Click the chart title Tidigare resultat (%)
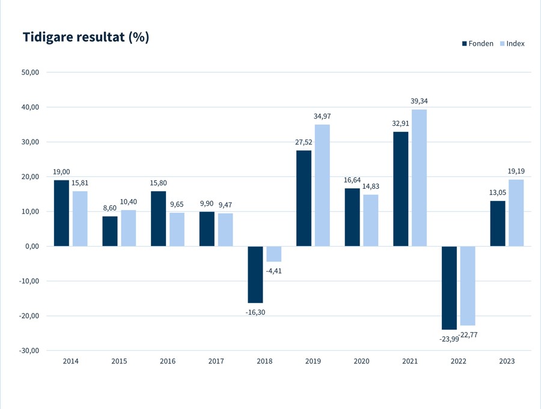[86, 37]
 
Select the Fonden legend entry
[478, 43]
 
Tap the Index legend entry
[512, 43]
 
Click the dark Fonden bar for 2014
[61, 213]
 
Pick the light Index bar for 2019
[322, 185]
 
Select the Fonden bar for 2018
[255, 274]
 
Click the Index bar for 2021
[419, 178]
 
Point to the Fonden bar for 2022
[449, 288]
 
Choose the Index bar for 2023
[516, 212]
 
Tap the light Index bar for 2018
[274, 254]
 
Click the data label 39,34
[419, 101]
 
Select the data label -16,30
[255, 312]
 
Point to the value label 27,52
[304, 142]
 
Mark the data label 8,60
[110, 208]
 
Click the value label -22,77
[468, 335]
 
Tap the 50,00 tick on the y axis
[31, 73]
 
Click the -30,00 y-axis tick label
[29, 351]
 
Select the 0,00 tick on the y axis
[32, 247]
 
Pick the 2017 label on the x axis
[216, 361]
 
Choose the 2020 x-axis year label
[361, 361]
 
